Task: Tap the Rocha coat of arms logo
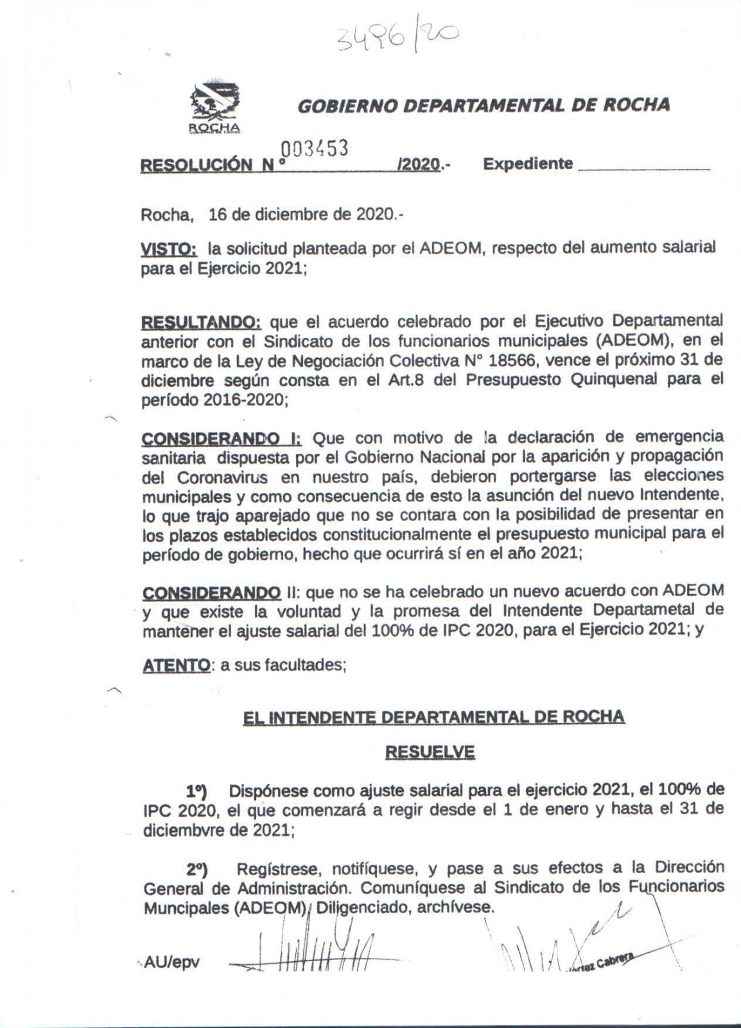pos(214,106)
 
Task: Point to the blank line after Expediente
pos(644,168)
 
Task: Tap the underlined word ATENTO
pos(175,665)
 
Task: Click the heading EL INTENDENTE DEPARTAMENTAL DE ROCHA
pos(433,716)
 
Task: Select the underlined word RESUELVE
pos(430,752)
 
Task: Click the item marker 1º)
pos(196,790)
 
